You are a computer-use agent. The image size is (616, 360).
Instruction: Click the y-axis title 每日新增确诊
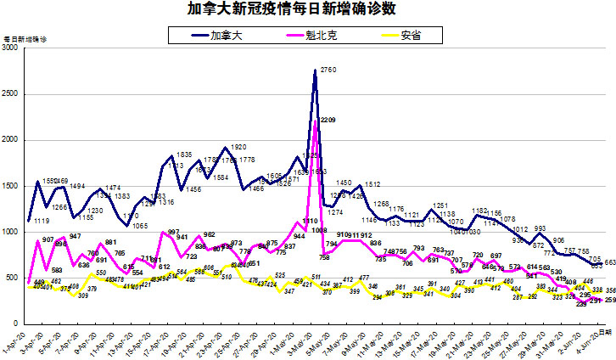coord(26,40)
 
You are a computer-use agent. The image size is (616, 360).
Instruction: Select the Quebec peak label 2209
coord(328,121)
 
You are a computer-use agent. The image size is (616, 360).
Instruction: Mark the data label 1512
coord(373,184)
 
